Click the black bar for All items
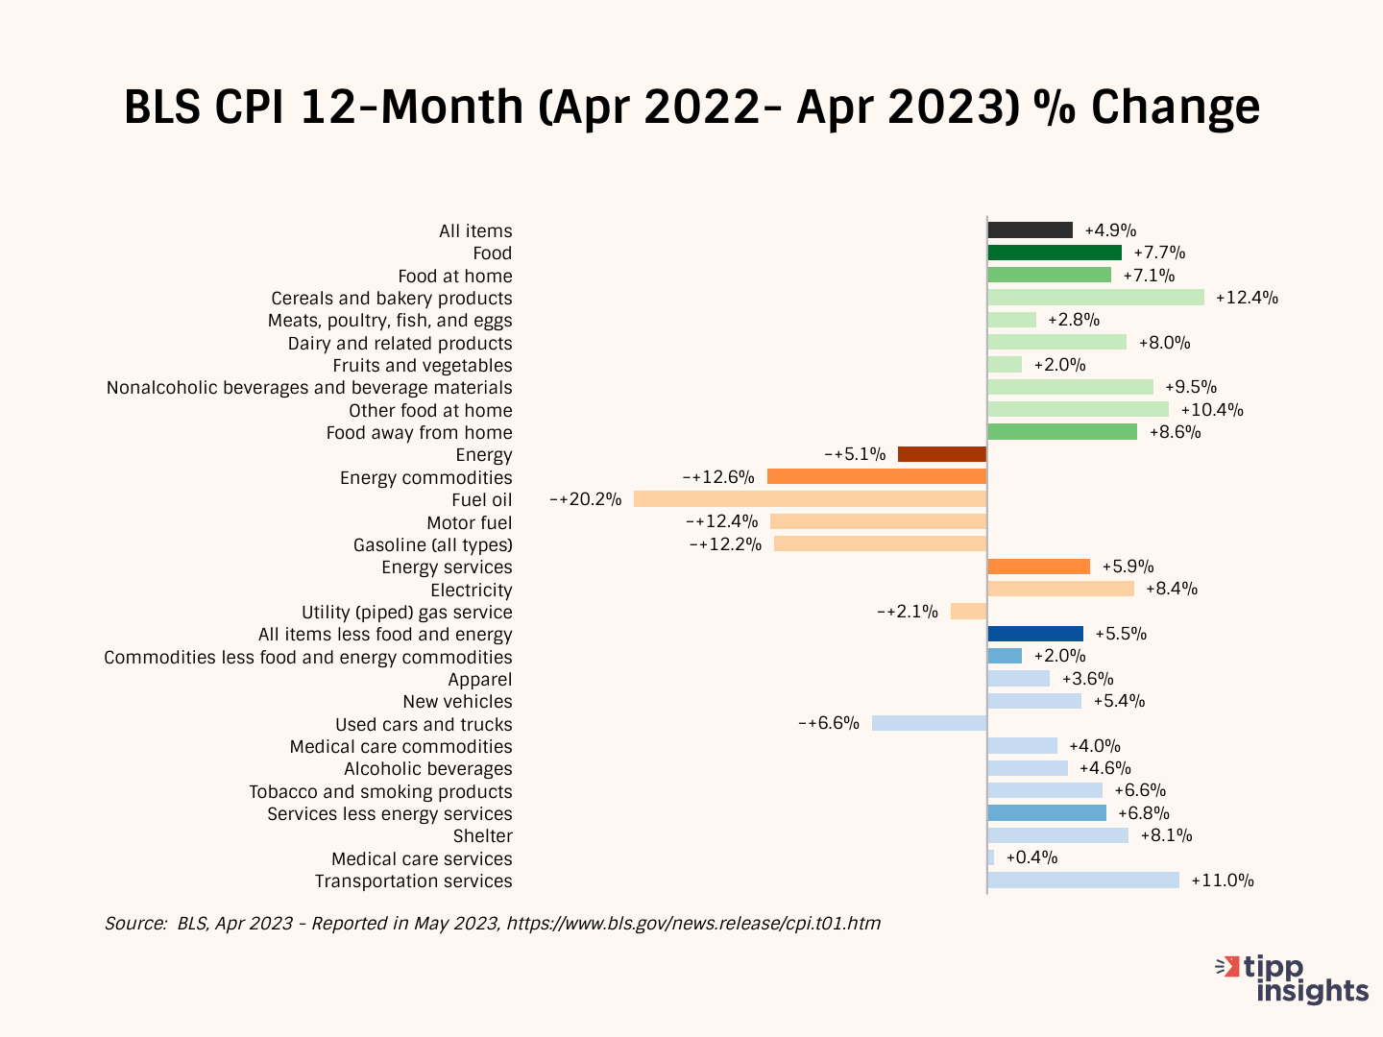coord(1030,230)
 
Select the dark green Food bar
coord(1055,253)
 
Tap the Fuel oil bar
coord(810,499)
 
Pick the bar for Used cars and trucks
coord(929,723)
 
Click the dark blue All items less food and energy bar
coord(1035,634)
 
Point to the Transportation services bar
coord(1083,880)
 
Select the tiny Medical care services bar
coord(991,857)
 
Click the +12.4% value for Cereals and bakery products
coord(1247,298)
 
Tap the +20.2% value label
coord(586,499)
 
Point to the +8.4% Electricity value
coord(1172,589)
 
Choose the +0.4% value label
coord(1031,857)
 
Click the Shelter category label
coord(483,836)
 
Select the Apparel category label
coord(480,680)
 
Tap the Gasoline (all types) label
coord(433,545)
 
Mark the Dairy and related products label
coord(400,344)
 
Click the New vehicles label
coord(458,702)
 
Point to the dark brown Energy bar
coord(942,454)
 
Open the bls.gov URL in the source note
coord(693,924)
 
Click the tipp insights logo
coord(1293,978)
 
